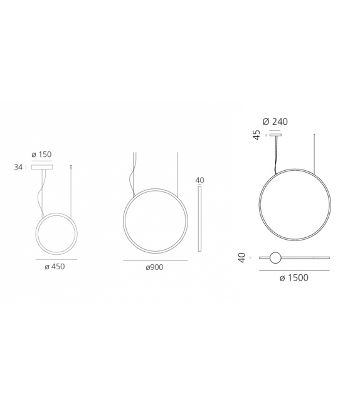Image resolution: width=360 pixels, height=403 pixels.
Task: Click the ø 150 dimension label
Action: pos(41,154)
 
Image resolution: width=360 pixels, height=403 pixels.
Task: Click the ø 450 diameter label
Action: pos(54,266)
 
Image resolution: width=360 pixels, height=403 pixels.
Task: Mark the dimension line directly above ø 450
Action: pos(56,259)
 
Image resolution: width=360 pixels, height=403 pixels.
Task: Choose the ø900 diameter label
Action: pos(155,267)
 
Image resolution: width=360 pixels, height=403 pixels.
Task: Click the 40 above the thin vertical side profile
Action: pos(200,180)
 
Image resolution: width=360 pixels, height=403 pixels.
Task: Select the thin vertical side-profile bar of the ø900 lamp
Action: pos(200,217)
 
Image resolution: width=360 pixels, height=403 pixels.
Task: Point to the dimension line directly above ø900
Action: pos(155,260)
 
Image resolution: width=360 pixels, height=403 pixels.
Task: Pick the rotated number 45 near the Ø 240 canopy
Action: pos(257,135)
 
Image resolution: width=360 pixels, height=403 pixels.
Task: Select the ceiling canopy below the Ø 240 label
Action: pos(275,134)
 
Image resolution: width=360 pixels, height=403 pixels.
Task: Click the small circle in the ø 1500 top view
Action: pos(275,257)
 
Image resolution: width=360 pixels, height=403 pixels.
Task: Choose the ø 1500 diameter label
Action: pos(294,278)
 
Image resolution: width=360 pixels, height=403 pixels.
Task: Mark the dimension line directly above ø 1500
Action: pos(294,270)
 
